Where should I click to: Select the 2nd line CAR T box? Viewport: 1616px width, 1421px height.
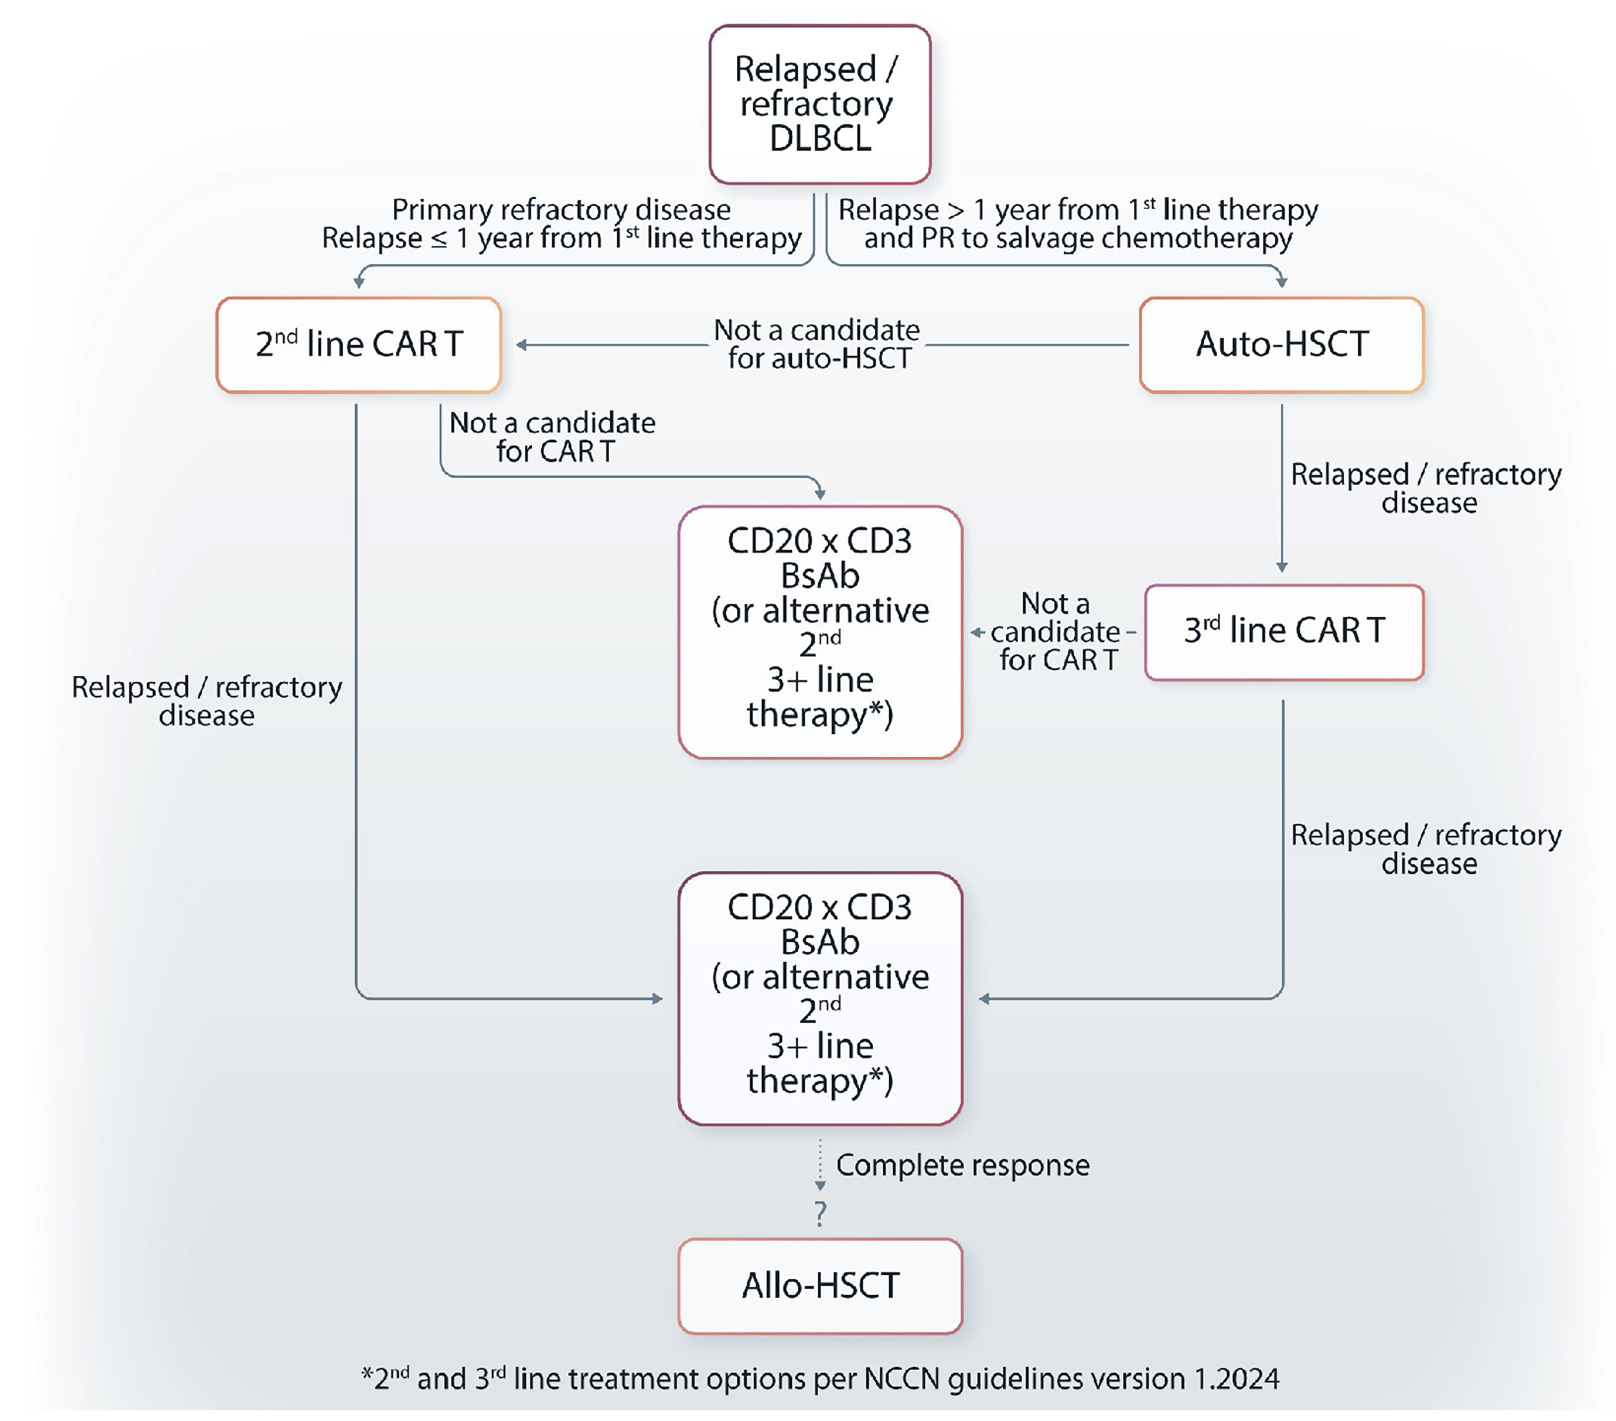pyautogui.click(x=359, y=345)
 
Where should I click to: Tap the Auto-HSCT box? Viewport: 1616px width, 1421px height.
pyautogui.click(x=1282, y=345)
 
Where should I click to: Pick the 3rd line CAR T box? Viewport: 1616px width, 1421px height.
pyautogui.click(x=1284, y=632)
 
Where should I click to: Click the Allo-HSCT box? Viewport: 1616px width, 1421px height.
pyautogui.click(x=820, y=1286)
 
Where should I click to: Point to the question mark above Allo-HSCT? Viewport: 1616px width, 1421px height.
pyautogui.click(x=821, y=1213)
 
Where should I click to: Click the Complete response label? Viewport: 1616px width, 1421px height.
pyautogui.click(x=962, y=1165)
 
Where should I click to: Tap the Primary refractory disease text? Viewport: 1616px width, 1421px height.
pyautogui.click(x=561, y=210)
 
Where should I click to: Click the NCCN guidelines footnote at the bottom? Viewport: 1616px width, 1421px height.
pyautogui.click(x=820, y=1379)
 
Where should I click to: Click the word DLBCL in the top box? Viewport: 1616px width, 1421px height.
pyautogui.click(x=821, y=139)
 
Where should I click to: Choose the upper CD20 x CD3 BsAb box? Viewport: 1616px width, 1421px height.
pyautogui.click(x=820, y=632)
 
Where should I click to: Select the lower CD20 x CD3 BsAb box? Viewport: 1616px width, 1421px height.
pyautogui.click(x=820, y=998)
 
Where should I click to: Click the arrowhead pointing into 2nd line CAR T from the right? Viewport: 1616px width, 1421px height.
pyautogui.click(x=522, y=345)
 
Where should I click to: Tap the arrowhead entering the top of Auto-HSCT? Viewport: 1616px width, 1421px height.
pyautogui.click(x=1282, y=281)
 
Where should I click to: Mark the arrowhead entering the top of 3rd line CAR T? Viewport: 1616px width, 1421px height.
pyautogui.click(x=1282, y=567)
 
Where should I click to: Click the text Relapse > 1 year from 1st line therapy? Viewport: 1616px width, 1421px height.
pyautogui.click(x=1078, y=210)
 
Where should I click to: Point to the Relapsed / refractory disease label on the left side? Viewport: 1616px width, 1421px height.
pyautogui.click(x=206, y=701)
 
